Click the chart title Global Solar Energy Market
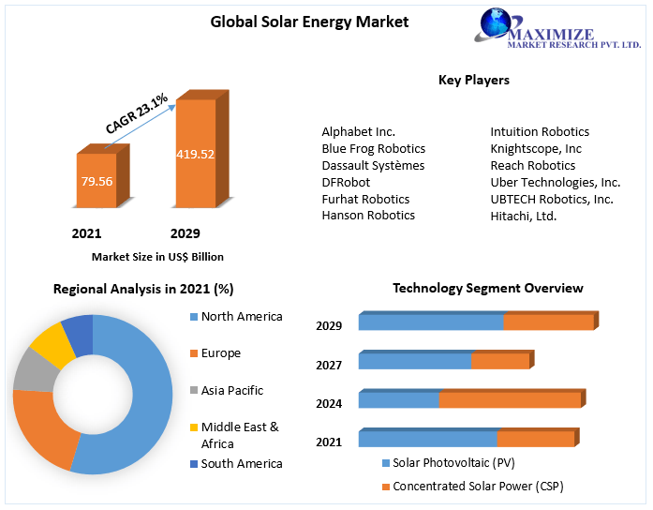tap(309, 22)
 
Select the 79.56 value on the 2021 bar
tap(96, 180)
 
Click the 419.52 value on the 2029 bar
tap(195, 154)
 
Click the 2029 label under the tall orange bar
tap(185, 232)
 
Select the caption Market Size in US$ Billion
tap(157, 256)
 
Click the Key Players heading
tap(473, 80)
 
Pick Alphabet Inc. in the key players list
tap(358, 132)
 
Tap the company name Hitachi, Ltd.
tap(523, 216)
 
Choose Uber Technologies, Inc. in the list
tap(555, 182)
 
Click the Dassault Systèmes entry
tap(372, 165)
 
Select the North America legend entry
tap(241, 317)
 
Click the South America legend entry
tap(241, 463)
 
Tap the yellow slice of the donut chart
tap(52, 344)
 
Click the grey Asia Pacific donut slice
tap(33, 371)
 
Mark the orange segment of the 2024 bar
tap(510, 400)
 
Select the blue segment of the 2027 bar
tap(414, 361)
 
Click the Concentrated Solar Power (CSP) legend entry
tap(478, 486)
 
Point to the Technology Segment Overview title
tap(487, 288)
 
